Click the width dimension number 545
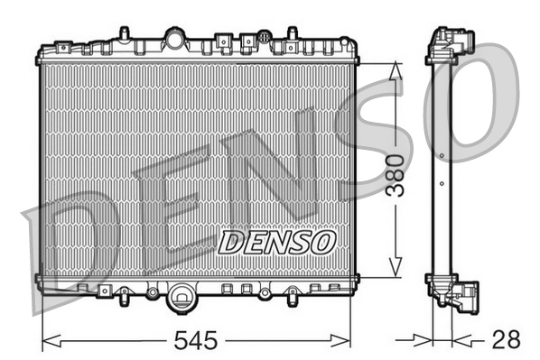click(x=195, y=341)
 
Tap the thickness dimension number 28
click(x=507, y=340)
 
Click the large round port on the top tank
click(x=174, y=40)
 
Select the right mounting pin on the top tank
click(x=290, y=33)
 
